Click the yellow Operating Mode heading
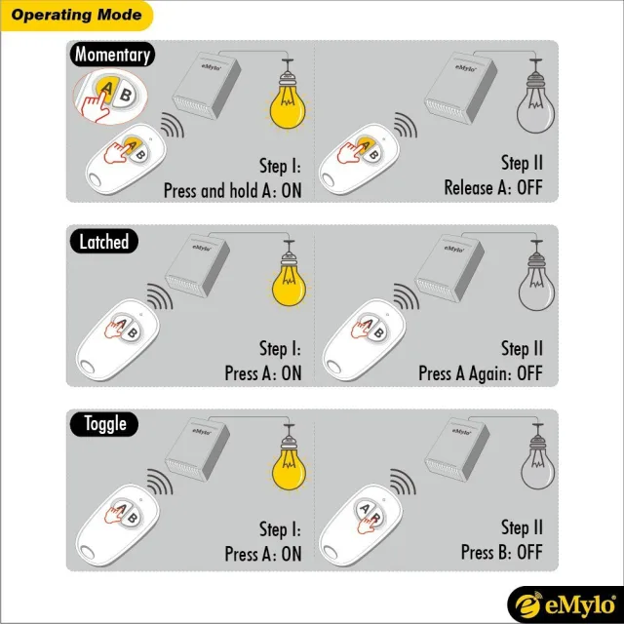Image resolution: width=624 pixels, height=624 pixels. tap(76, 16)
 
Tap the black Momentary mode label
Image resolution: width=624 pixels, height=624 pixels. tap(112, 55)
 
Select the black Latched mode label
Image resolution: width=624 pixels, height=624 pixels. tap(104, 241)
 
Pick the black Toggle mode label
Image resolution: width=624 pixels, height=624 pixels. tap(104, 424)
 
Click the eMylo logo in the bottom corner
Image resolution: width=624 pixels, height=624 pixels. tap(565, 604)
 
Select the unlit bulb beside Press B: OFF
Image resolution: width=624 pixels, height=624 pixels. tap(537, 457)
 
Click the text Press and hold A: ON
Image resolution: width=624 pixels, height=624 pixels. tap(232, 191)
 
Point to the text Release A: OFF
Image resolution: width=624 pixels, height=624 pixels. tap(493, 187)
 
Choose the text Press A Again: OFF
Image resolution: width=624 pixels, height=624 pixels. tap(481, 373)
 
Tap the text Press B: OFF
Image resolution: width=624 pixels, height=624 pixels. tap(501, 552)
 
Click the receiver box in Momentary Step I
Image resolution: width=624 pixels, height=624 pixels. tap(207, 86)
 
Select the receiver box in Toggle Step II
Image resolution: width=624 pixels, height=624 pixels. tap(457, 449)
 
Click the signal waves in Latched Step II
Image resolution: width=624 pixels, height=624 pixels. tap(406, 296)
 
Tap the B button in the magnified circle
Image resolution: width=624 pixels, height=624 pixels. tap(125, 96)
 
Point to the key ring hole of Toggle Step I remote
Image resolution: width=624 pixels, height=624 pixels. tap(87, 553)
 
